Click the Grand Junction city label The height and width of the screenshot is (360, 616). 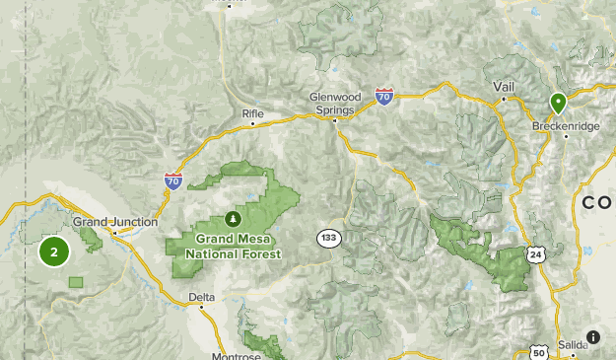pos(114,222)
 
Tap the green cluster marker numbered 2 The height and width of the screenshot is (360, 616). pos(54,252)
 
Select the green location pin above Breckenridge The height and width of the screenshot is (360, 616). pos(558,103)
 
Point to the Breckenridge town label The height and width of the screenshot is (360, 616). pos(565,126)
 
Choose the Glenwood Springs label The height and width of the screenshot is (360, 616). pos(336,104)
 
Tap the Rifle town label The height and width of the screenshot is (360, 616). pos(253,114)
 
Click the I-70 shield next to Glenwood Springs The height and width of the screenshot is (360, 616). pos(384,96)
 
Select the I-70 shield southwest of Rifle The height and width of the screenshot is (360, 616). pos(173,180)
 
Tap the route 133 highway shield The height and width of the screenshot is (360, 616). pos(328,238)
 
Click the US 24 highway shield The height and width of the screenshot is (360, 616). pos(536,253)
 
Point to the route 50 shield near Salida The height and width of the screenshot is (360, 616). pos(538,352)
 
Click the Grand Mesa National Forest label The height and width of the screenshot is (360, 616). pos(238,247)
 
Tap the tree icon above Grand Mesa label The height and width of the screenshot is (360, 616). pos(234,218)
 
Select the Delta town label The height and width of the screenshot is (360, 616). pos(201,296)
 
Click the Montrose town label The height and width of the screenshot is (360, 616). pos(236,355)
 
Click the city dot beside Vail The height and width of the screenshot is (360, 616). pos(503,99)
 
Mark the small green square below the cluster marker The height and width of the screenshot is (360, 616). pos(76,282)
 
